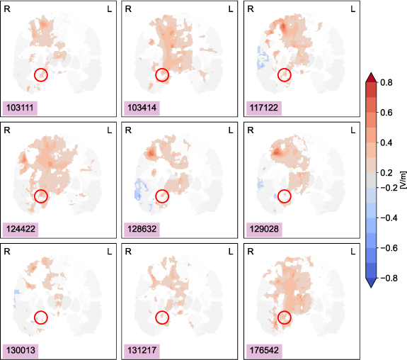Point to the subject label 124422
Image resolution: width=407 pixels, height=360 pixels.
[x=21, y=229]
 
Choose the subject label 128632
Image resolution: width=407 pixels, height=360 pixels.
[x=142, y=229]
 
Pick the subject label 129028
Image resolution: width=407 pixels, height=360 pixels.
[x=263, y=229]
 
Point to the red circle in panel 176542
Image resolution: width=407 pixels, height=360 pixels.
[x=285, y=318]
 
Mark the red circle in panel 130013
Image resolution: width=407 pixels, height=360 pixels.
[x=40, y=318]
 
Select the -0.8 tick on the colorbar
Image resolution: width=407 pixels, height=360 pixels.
[x=387, y=279]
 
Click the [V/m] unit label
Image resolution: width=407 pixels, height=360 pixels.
[x=402, y=180]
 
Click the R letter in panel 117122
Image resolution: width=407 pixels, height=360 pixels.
[x=248, y=9]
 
